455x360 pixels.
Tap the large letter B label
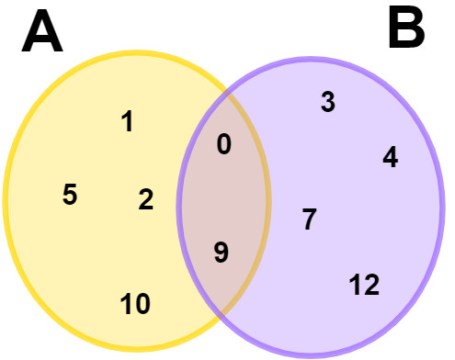406,31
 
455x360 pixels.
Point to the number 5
70,195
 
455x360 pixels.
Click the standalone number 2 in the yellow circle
146,199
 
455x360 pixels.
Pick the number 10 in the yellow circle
135,303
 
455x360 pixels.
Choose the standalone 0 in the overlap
223,144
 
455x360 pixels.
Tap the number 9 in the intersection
221,253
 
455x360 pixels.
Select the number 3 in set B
327,102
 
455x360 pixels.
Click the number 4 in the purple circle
390,158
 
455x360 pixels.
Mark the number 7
309,219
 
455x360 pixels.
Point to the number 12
365,286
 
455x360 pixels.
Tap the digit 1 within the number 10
127,303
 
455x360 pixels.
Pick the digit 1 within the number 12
356,286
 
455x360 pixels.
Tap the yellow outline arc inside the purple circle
267,197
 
